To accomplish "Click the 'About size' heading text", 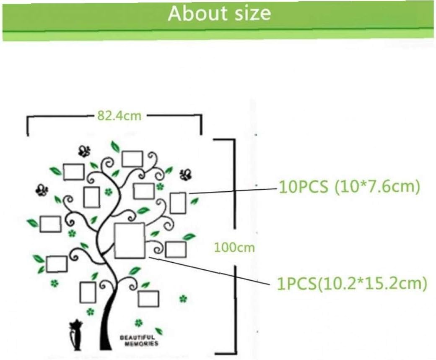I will [x=219, y=13].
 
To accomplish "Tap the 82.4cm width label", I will [x=119, y=115].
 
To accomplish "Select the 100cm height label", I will [x=234, y=247].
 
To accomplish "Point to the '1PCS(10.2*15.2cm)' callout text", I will [x=352, y=283].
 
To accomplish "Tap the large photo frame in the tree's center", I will [x=130, y=240].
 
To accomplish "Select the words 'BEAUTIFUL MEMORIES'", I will [x=139, y=340].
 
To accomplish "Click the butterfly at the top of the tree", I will [x=85, y=151].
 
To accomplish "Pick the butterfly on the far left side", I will [x=41, y=190].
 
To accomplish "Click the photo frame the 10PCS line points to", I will [x=178, y=203].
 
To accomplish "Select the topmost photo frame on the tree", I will [x=132, y=159].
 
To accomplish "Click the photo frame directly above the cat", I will [x=88, y=292].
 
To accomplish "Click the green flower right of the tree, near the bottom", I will [x=183, y=299].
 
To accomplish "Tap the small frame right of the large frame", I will [x=176, y=250].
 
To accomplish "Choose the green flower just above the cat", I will [x=90, y=312].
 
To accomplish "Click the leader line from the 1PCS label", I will [x=210, y=271].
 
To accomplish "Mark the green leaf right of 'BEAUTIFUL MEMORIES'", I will [x=159, y=331].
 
